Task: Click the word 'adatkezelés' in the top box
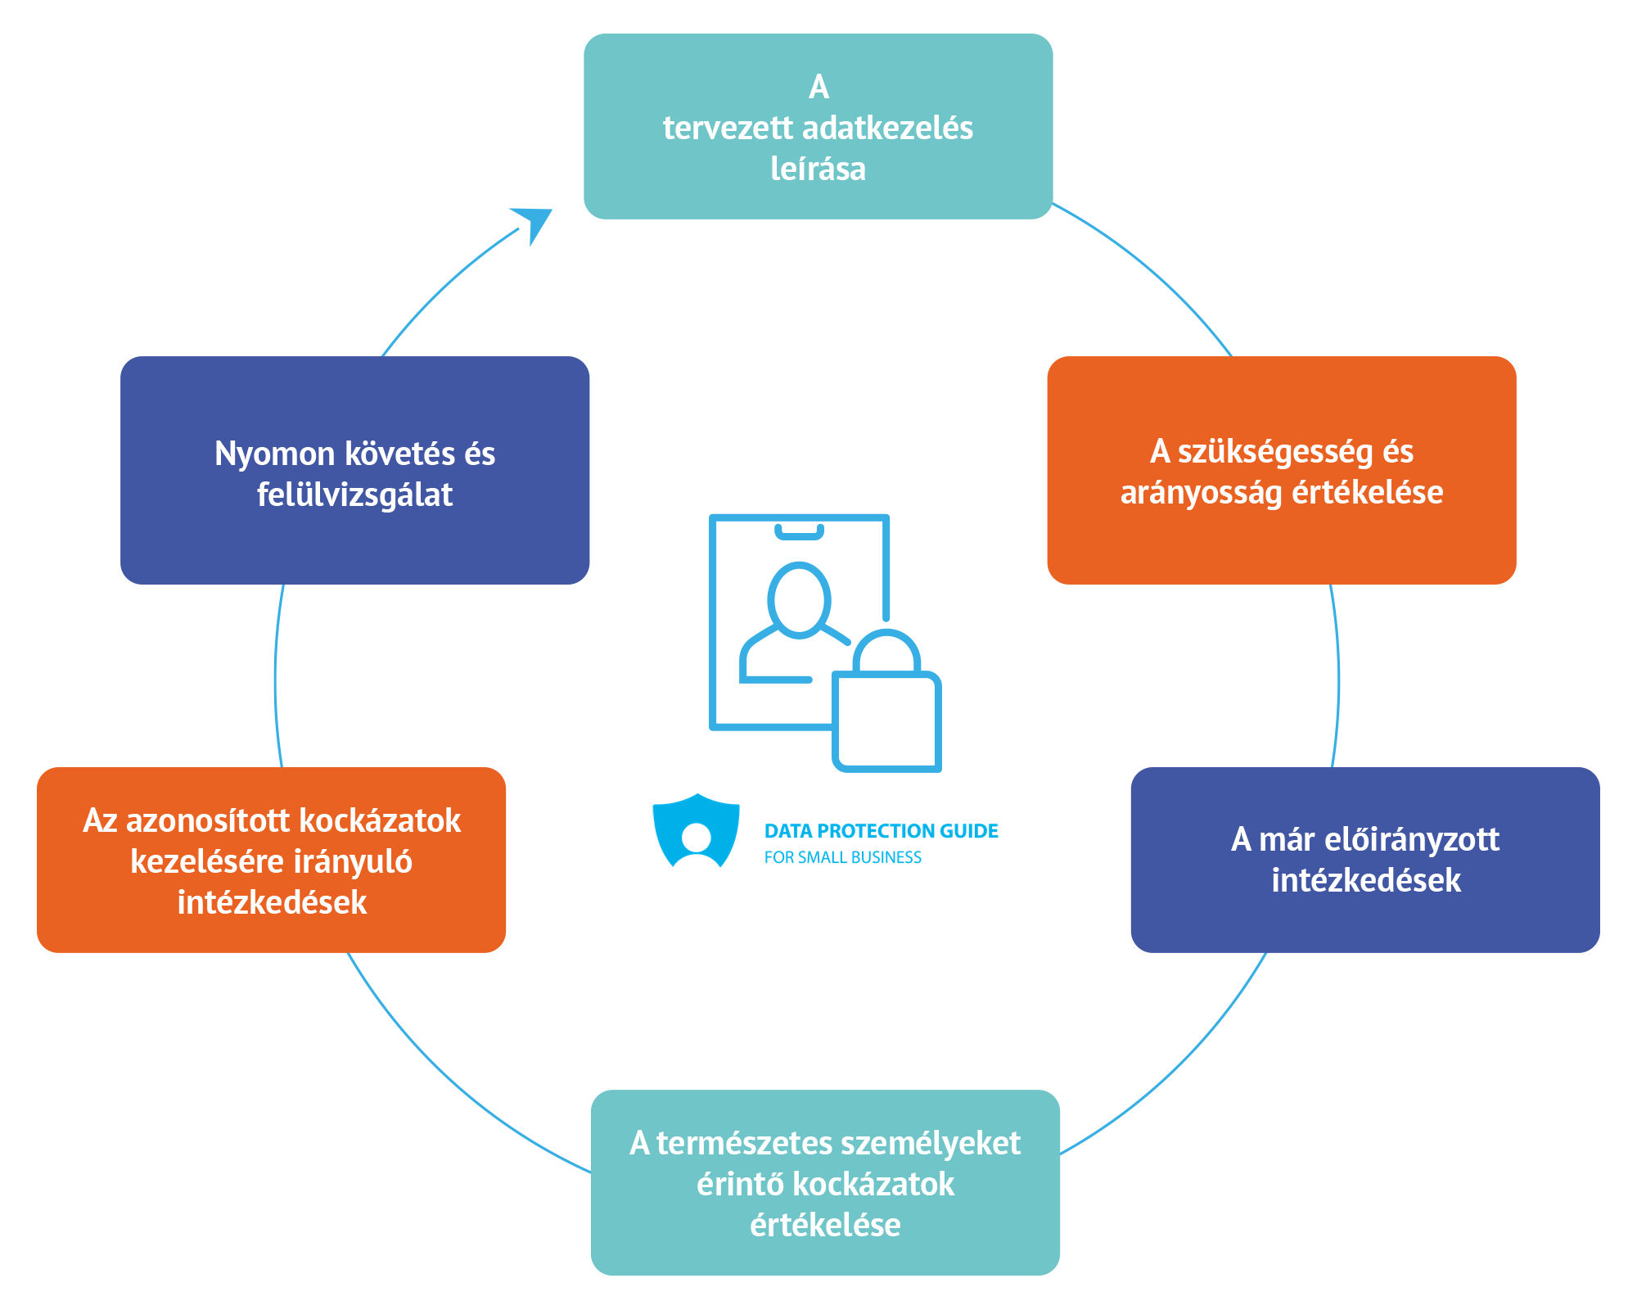(887, 129)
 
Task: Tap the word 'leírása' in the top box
(818, 169)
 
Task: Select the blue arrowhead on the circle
(534, 223)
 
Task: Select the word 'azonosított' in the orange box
(208, 821)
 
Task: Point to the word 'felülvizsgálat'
(354, 495)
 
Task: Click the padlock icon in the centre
(887, 712)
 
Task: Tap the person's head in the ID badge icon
(799, 599)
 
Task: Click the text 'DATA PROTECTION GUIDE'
(881, 831)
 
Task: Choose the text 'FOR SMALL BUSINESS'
(842, 857)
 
